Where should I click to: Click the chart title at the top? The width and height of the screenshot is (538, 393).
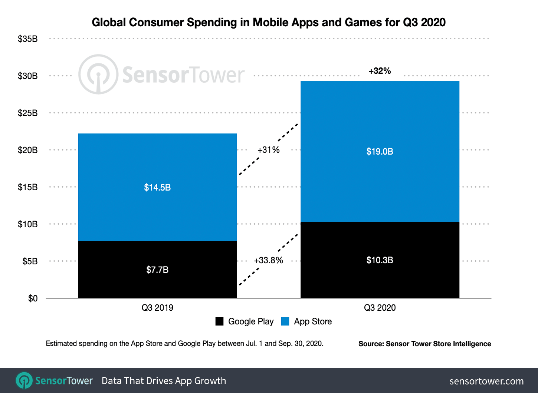click(x=269, y=22)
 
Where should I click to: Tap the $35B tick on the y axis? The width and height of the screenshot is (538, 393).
click(x=27, y=39)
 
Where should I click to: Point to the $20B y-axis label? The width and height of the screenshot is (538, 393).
click(x=27, y=150)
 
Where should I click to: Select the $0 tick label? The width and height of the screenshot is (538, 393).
click(x=33, y=298)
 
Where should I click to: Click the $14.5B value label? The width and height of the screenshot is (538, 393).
click(x=157, y=188)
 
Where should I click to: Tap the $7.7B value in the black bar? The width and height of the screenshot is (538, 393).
click(x=157, y=270)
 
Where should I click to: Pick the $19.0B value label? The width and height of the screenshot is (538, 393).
click(x=380, y=152)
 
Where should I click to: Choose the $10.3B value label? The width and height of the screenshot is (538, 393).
click(x=380, y=260)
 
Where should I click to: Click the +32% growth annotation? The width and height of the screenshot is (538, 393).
click(x=380, y=71)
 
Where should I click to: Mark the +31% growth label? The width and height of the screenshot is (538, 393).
click(x=268, y=150)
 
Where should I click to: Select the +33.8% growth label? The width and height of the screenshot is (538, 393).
click(x=268, y=261)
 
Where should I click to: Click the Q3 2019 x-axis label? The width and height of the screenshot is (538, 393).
click(x=157, y=308)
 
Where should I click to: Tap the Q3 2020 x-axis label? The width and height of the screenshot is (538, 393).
click(x=380, y=308)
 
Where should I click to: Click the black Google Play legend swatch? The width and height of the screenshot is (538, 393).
click(x=219, y=321)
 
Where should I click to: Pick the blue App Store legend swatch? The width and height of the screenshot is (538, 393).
click(x=285, y=321)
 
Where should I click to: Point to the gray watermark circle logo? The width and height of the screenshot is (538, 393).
click(x=98, y=75)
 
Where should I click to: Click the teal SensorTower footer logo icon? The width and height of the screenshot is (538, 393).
click(x=24, y=381)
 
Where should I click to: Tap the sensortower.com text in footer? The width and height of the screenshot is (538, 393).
click(x=486, y=381)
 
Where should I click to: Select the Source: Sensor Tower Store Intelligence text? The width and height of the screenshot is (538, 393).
click(x=424, y=344)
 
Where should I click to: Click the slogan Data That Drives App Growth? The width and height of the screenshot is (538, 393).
click(x=164, y=381)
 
